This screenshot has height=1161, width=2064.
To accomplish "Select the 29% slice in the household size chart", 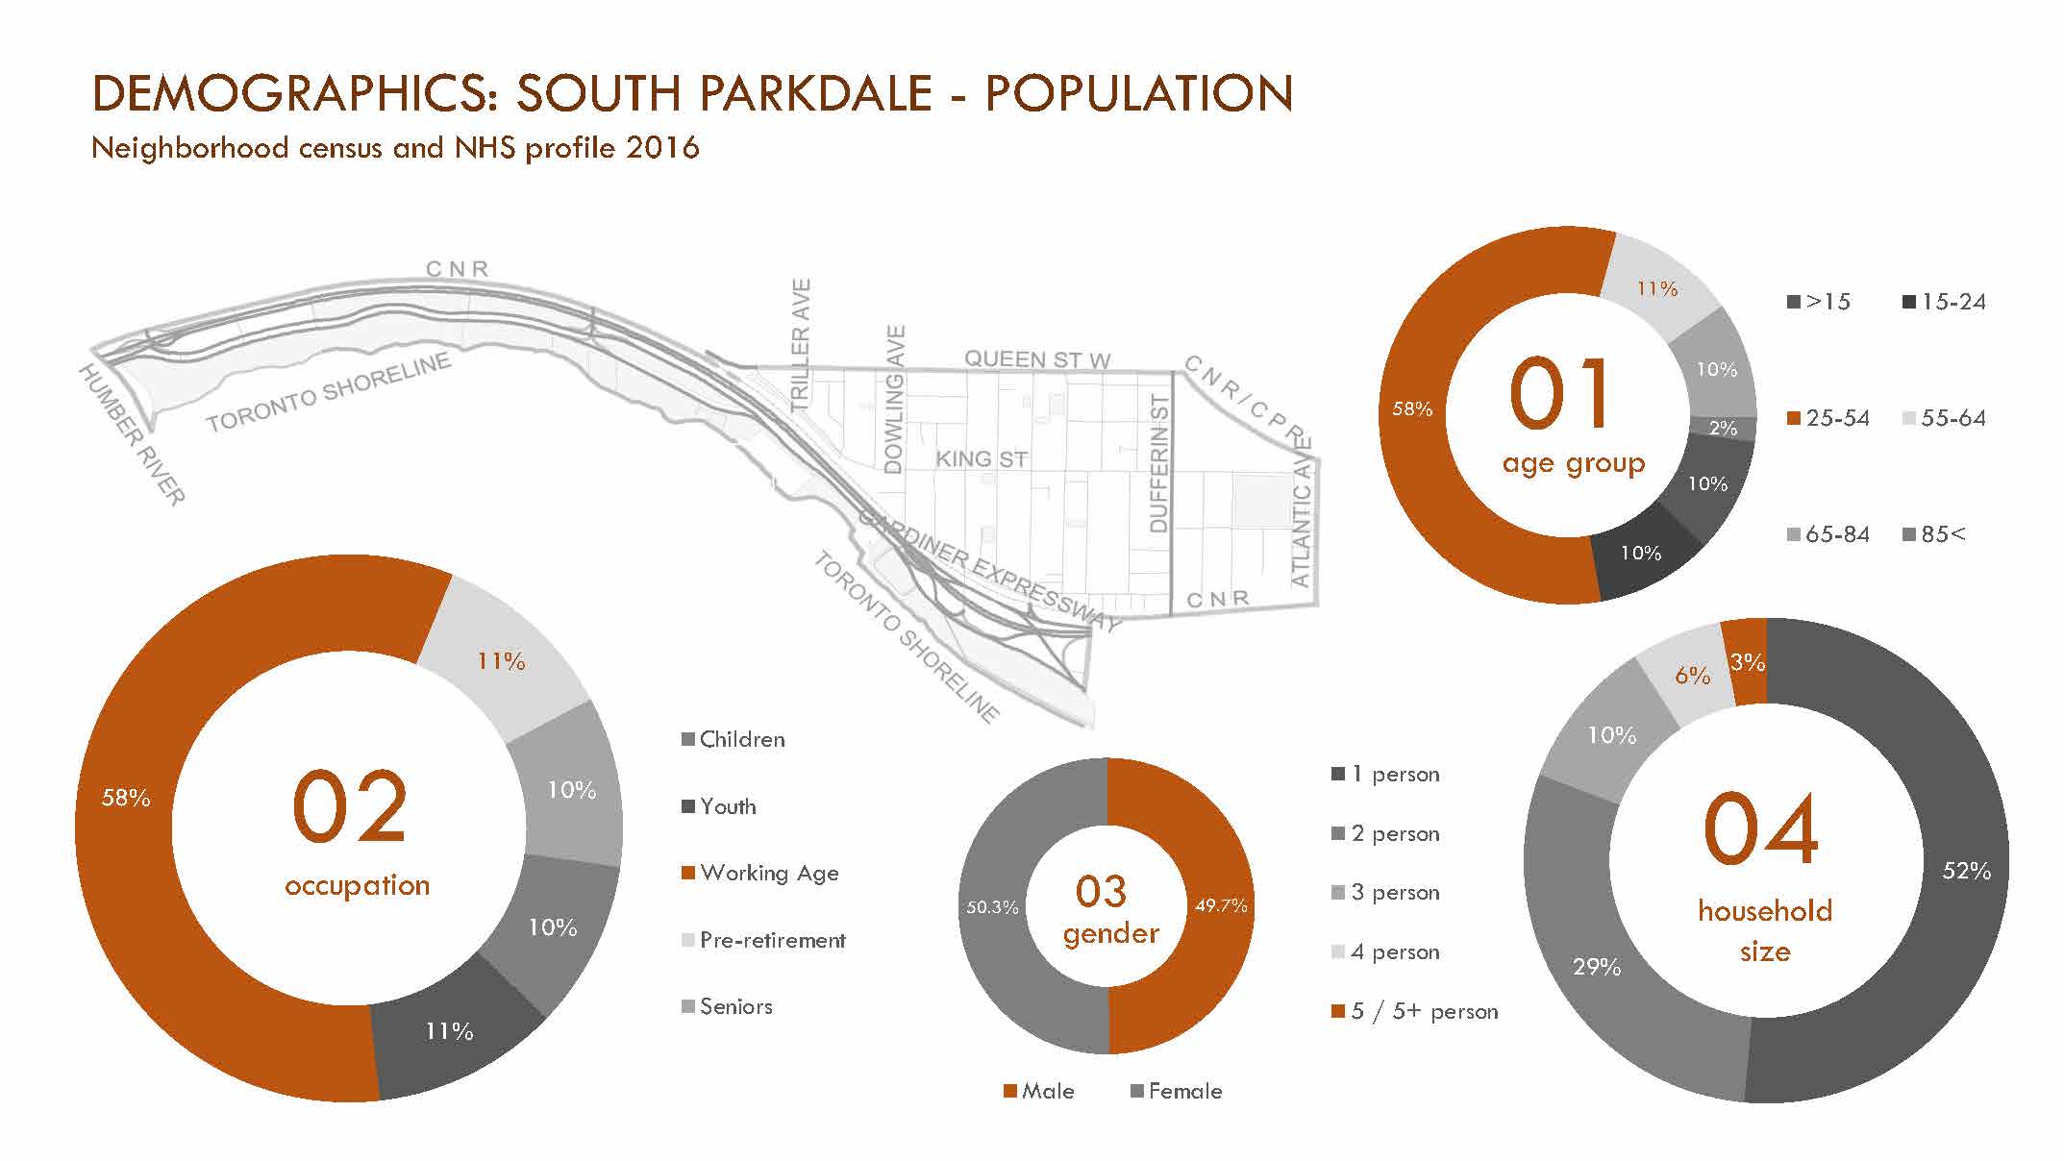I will click(1597, 966).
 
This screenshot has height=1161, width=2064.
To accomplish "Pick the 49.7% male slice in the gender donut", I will click(1220, 905).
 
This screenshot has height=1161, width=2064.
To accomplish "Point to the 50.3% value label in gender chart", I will click(992, 906).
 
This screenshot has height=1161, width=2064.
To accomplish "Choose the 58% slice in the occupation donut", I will click(126, 798).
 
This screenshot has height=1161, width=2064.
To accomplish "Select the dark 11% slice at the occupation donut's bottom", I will click(449, 1031).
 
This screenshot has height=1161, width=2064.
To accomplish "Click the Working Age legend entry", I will click(768, 873).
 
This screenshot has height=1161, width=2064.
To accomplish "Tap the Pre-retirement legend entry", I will click(772, 940).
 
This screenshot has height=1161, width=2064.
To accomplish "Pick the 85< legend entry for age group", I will click(1942, 534).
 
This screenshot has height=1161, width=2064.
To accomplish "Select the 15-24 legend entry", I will click(1952, 302).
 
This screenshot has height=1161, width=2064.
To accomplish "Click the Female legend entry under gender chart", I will click(1184, 1091).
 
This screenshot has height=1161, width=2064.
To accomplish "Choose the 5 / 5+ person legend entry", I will click(1424, 1011).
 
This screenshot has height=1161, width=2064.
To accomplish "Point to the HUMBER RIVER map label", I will click(132, 434).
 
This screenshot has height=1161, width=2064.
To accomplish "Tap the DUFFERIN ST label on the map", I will click(1158, 463).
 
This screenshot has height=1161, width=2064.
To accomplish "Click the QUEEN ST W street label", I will click(1037, 359).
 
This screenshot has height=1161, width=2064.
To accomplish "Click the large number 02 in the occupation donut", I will click(350, 807).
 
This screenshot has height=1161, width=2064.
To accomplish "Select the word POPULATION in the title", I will click(1139, 93).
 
